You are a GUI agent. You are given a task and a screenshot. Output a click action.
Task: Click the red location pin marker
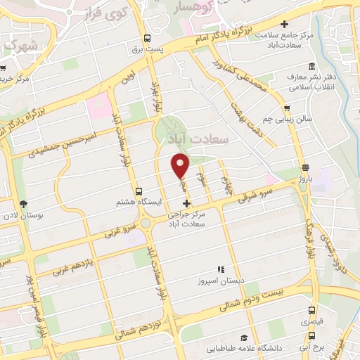(181, 166)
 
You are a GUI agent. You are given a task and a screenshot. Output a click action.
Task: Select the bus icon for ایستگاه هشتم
(139, 191)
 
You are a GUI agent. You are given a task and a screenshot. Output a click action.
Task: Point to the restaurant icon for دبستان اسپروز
(220, 269)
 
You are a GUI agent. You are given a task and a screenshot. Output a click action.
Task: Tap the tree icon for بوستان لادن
(24, 204)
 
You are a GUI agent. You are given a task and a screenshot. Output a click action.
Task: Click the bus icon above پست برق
(147, 39)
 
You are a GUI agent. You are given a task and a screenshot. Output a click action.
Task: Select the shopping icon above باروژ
(305, 168)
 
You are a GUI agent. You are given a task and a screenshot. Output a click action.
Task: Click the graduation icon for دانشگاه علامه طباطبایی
(243, 337)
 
